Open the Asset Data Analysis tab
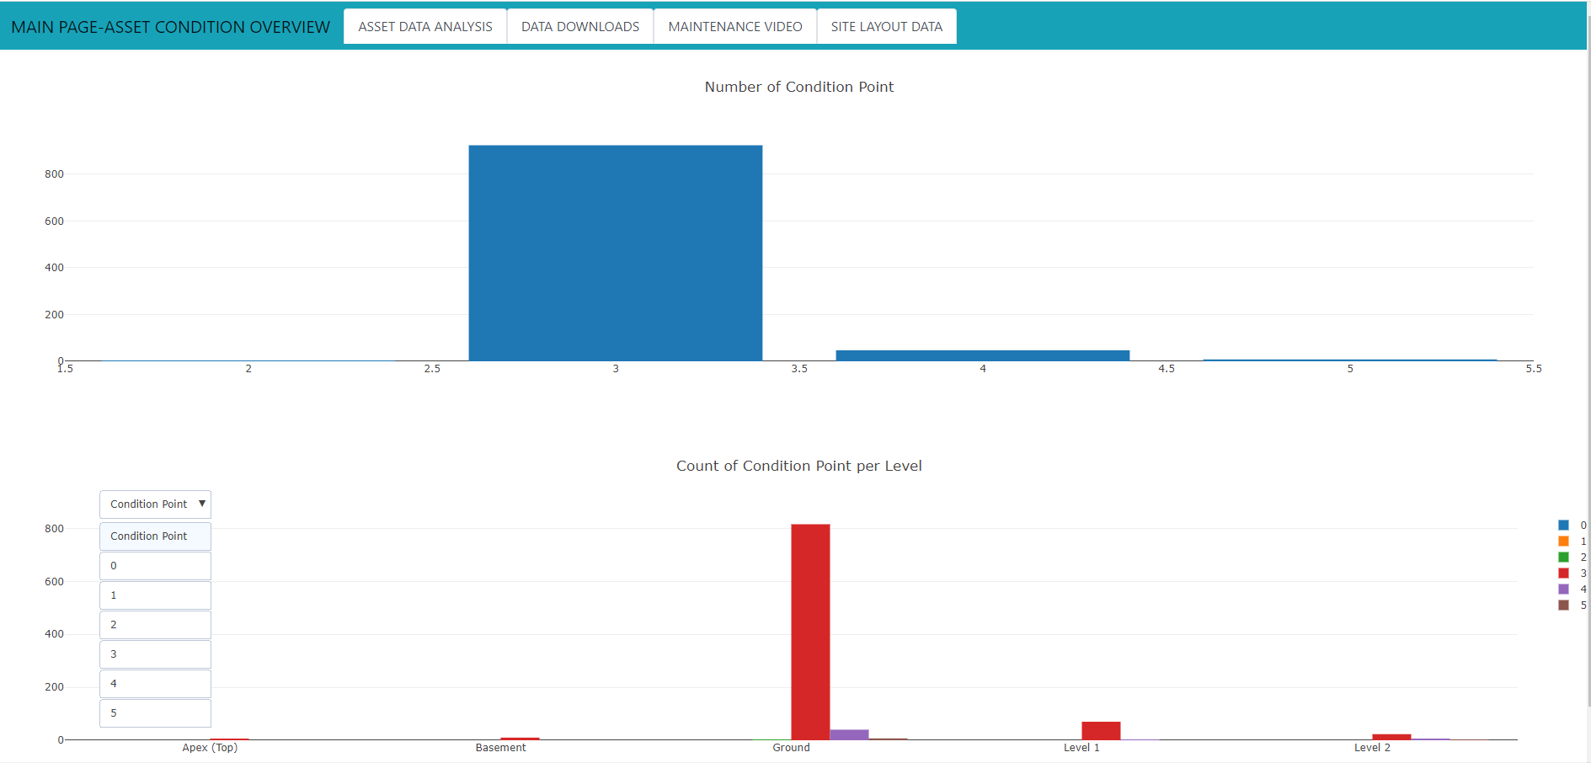click(424, 27)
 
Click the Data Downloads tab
click(579, 27)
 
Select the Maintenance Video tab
click(734, 27)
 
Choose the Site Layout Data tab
click(886, 27)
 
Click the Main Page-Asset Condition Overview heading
click(170, 27)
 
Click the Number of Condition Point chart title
click(798, 87)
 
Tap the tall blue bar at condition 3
click(615, 253)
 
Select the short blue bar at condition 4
click(982, 355)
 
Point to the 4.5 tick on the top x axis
click(1166, 369)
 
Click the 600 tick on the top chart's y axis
click(54, 221)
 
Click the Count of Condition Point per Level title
click(798, 466)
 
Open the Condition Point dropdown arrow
click(202, 504)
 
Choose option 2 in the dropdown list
click(155, 625)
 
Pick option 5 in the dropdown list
click(155, 713)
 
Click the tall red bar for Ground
click(810, 632)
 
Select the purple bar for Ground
click(849, 734)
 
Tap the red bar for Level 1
click(1101, 730)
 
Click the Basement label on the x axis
click(500, 748)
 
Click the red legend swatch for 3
click(1563, 574)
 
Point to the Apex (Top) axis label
click(210, 748)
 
